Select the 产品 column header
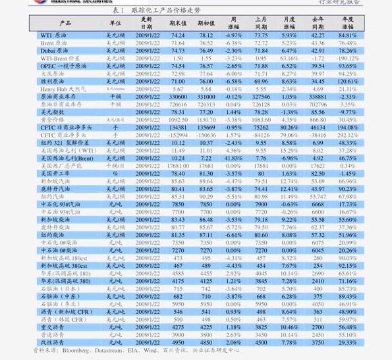[65, 23]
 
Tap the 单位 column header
[115, 23]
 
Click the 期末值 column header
[178, 23]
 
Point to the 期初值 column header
[206, 23]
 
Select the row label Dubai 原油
[57, 51]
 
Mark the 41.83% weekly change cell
[233, 158]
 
